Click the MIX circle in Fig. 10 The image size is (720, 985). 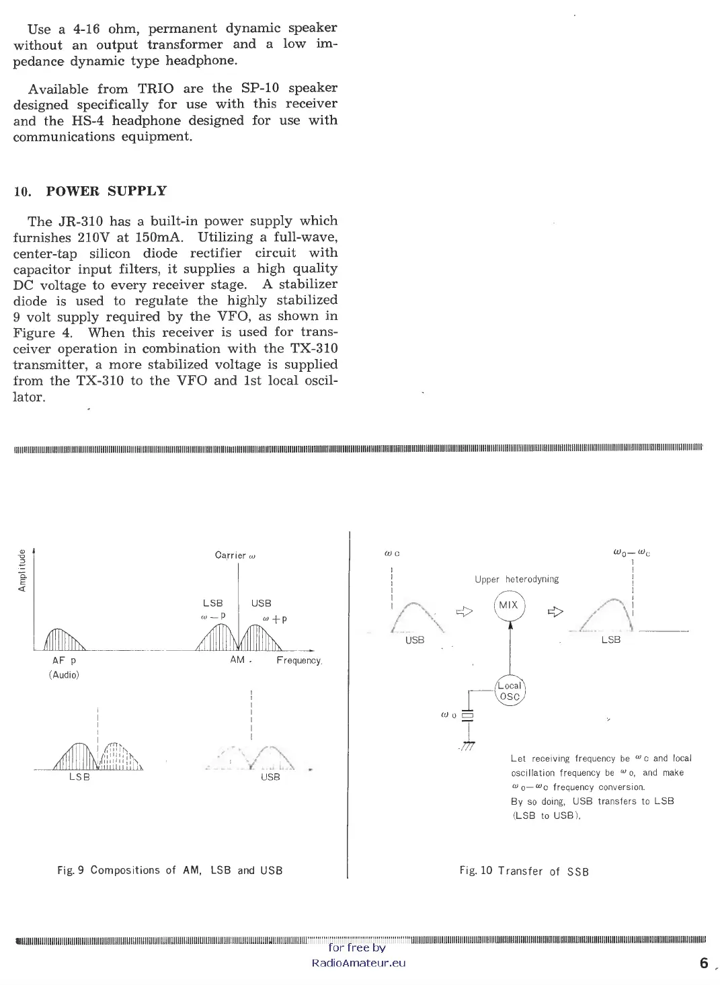point(509,605)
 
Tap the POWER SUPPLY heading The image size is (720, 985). point(106,191)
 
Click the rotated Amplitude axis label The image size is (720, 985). point(22,571)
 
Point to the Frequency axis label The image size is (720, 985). point(299,661)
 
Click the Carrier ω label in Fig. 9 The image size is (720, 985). point(235,555)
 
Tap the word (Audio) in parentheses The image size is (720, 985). point(65,675)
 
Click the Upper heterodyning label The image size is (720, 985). point(516,580)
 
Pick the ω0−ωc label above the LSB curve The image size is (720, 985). point(631,554)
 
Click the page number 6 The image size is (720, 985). point(704,963)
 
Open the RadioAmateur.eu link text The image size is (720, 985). point(359,963)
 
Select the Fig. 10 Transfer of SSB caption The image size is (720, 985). point(524,871)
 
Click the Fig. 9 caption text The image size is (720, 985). point(170,871)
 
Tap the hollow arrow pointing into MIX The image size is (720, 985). point(465,612)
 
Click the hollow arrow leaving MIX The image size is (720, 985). point(555,612)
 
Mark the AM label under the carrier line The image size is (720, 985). point(237,660)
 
